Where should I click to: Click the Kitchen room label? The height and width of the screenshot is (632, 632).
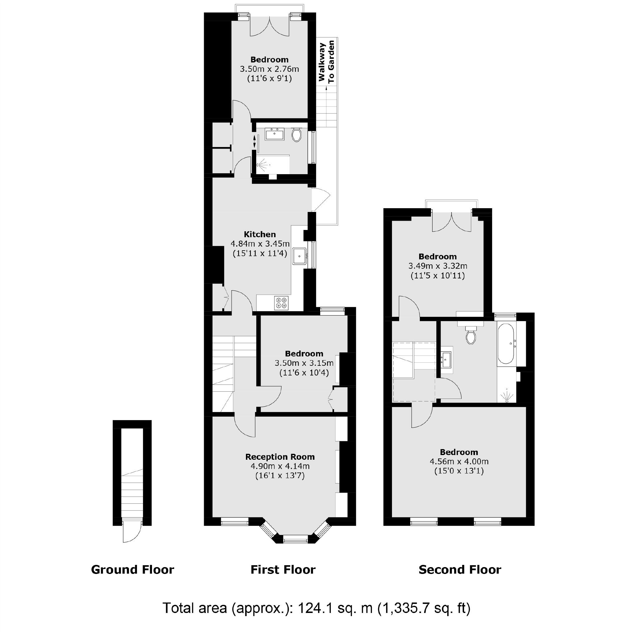click(x=260, y=234)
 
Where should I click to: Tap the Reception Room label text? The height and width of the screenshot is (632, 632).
click(x=280, y=457)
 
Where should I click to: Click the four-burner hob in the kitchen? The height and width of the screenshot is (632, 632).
click(x=281, y=303)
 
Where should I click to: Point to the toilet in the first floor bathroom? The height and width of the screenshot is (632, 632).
click(x=296, y=135)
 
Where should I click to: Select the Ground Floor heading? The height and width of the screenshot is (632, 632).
click(x=132, y=570)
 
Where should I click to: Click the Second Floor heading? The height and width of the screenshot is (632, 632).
click(x=460, y=570)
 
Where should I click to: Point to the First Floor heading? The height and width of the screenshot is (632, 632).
click(x=283, y=570)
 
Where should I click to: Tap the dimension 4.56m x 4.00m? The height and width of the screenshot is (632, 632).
click(x=459, y=462)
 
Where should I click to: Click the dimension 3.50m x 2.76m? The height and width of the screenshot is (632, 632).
click(x=269, y=69)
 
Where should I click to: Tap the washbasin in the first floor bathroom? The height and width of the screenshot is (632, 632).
click(x=274, y=134)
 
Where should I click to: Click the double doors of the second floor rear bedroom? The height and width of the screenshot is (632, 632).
click(x=452, y=222)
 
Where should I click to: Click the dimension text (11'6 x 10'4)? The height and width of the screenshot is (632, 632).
click(x=304, y=373)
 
